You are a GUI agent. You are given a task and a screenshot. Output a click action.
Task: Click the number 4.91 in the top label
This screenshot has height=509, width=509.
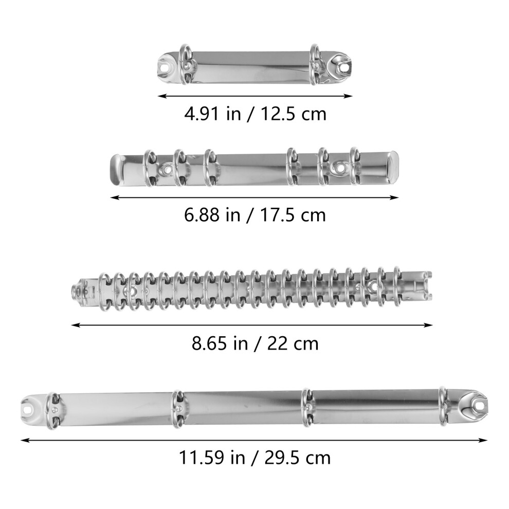click(201, 114)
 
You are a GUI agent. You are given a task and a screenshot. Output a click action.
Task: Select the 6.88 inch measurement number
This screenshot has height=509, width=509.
click(201, 215)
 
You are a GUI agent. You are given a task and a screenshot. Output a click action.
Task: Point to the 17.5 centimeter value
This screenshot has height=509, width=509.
click(277, 215)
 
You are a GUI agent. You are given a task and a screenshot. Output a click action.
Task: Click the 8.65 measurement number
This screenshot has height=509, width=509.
click(209, 343)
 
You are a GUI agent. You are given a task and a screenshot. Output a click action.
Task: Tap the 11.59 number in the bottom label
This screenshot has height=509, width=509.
click(201, 458)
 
